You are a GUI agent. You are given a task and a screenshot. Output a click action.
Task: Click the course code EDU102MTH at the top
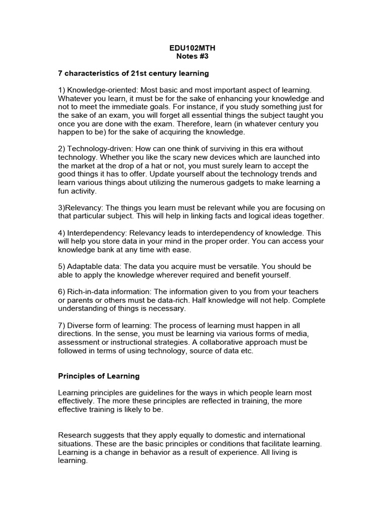pos(192,49)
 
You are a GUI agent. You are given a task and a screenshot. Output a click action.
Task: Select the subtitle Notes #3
pos(192,57)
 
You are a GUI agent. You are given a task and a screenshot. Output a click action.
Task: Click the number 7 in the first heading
pos(61,74)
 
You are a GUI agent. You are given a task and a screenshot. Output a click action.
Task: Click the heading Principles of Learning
pos(99,376)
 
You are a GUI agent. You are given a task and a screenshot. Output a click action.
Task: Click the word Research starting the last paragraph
pos(75,435)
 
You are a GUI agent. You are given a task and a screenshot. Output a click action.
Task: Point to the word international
pos(282,435)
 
